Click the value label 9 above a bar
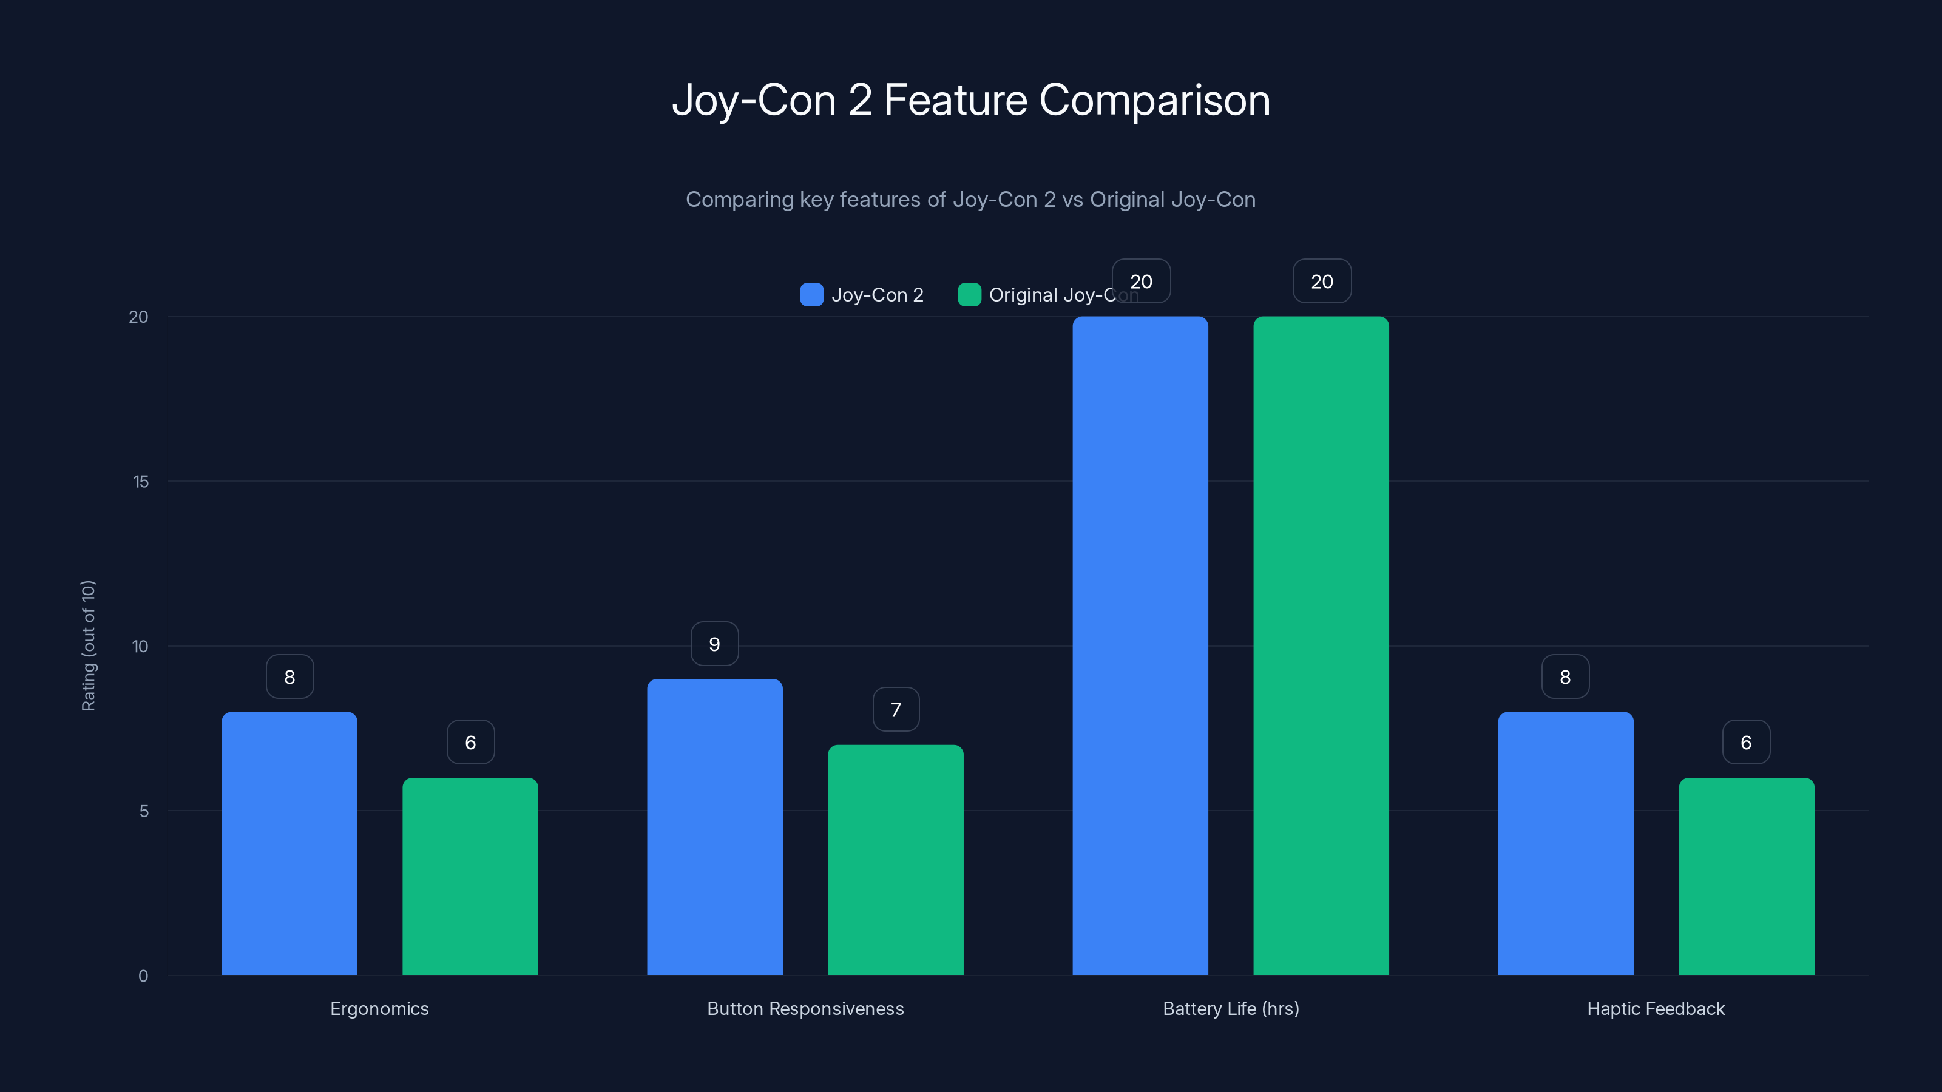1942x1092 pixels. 715,644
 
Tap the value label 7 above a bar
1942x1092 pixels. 896,709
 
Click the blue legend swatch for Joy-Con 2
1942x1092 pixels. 811,295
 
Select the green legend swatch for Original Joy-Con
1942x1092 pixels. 969,295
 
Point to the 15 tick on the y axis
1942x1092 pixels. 141,482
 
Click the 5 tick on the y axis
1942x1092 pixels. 143,811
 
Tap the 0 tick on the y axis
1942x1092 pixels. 143,976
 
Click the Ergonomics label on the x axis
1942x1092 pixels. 379,1008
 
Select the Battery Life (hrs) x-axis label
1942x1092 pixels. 1230,1008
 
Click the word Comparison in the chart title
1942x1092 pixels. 1154,100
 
